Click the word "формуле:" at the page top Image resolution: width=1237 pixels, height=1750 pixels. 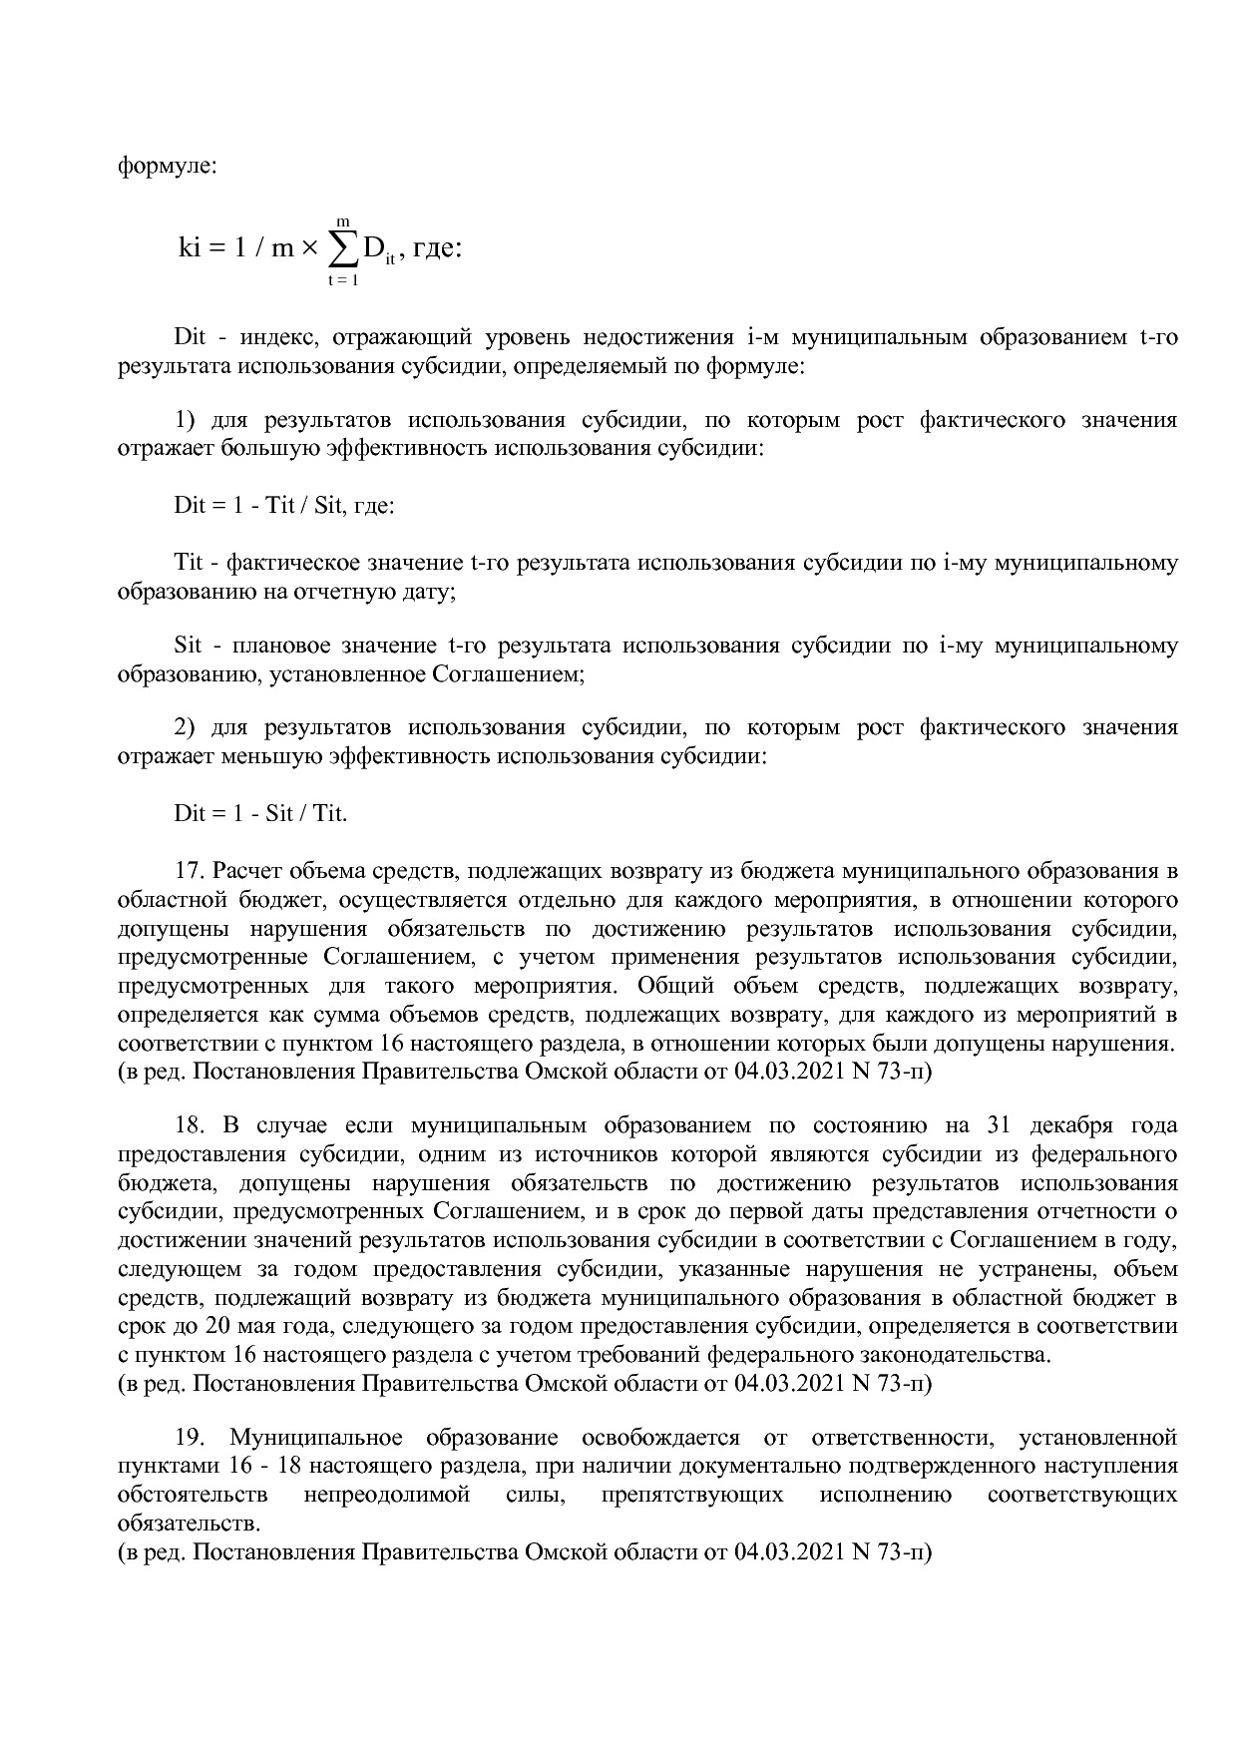pyautogui.click(x=167, y=165)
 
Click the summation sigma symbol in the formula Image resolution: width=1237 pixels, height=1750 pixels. pyautogui.click(x=342, y=247)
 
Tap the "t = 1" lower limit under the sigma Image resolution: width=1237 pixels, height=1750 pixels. pyautogui.click(x=342, y=280)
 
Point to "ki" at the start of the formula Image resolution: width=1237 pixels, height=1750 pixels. pyautogui.click(x=190, y=247)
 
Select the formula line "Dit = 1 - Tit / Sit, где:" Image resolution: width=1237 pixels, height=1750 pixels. pyautogui.click(x=284, y=505)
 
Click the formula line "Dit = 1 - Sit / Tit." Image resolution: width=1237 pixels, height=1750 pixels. pyautogui.click(x=260, y=812)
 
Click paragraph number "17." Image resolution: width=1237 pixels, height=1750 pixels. pyautogui.click(x=190, y=871)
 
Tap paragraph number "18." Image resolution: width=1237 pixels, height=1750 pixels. pyautogui.click(x=190, y=1125)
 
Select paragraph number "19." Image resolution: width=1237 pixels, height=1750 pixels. pyautogui.click(x=190, y=1438)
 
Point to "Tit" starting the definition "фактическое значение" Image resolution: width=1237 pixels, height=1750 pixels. pyautogui.click(x=189, y=563)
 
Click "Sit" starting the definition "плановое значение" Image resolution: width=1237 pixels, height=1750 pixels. pyautogui.click(x=188, y=646)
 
